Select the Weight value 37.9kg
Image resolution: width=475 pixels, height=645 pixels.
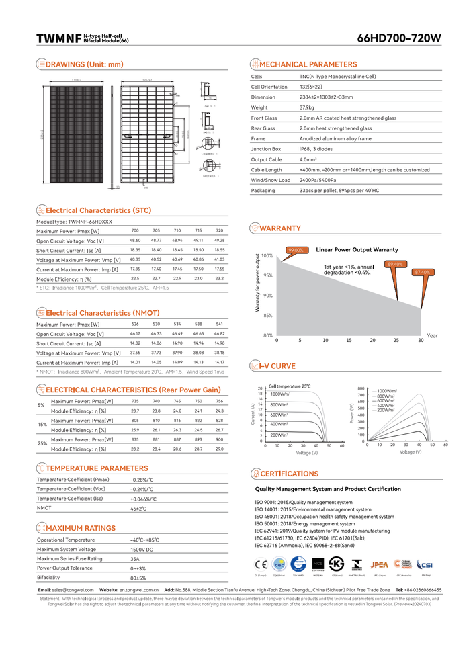(307, 107)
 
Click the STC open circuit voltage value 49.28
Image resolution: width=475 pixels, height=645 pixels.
(219, 240)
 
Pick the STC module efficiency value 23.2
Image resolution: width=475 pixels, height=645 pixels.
(219, 278)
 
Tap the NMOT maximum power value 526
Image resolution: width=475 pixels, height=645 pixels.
(135, 325)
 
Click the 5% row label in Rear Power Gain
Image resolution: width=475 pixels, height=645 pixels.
(41, 406)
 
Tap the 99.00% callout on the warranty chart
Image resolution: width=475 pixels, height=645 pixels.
(296, 250)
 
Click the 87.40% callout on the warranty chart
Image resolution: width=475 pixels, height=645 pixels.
(422, 272)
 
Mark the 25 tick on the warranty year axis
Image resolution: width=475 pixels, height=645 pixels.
(396, 341)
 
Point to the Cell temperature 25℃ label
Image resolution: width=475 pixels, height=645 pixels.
(290, 386)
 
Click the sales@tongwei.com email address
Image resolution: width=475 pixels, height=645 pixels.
(69, 589)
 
